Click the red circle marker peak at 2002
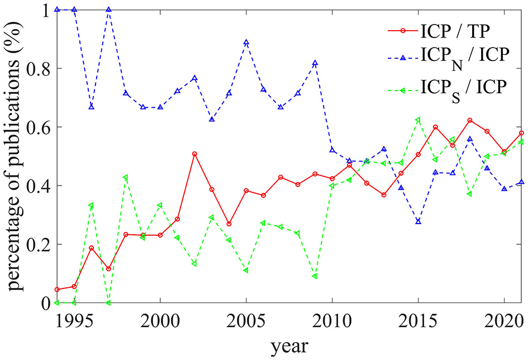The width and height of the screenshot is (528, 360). tap(194, 154)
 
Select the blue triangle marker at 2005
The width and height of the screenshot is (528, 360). tap(246, 42)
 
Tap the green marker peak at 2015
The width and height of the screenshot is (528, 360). tap(418, 120)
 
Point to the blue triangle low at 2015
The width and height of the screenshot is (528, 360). tap(418, 221)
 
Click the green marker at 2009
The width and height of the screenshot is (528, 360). tap(315, 276)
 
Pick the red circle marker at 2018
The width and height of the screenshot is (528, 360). tap(469, 120)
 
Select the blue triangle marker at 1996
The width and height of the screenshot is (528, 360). tap(91, 107)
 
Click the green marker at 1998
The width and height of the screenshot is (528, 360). tap(126, 177)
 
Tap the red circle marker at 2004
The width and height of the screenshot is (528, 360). tap(229, 224)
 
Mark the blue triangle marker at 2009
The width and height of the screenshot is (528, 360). tap(315, 63)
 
